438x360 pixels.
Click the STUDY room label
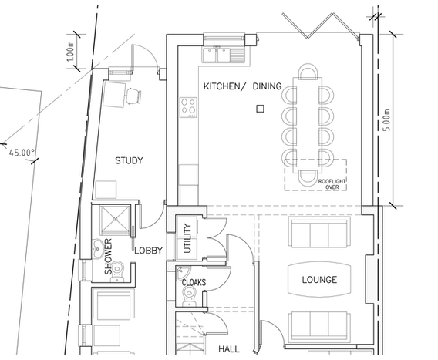[x=129, y=160]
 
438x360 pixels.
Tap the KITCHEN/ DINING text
[x=242, y=86]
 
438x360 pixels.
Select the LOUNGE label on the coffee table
[x=319, y=280]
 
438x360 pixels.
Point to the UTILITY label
[x=187, y=238]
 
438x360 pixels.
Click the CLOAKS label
[x=194, y=282]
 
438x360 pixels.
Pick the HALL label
[x=229, y=349]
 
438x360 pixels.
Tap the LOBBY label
[x=148, y=251]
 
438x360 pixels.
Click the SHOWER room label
[x=108, y=257]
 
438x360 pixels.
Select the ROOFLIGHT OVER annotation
[x=332, y=184]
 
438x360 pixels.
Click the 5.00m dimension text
[x=386, y=119]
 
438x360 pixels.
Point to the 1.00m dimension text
[x=71, y=52]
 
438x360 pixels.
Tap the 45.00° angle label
[x=22, y=153]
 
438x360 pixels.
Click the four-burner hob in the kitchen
[x=188, y=107]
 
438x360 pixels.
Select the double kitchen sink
[x=223, y=55]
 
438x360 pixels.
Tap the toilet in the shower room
[x=117, y=271]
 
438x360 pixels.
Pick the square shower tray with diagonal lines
[x=115, y=220]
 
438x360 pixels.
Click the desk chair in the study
[x=133, y=96]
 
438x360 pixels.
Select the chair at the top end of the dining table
[x=308, y=71]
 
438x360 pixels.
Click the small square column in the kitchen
[x=260, y=109]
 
